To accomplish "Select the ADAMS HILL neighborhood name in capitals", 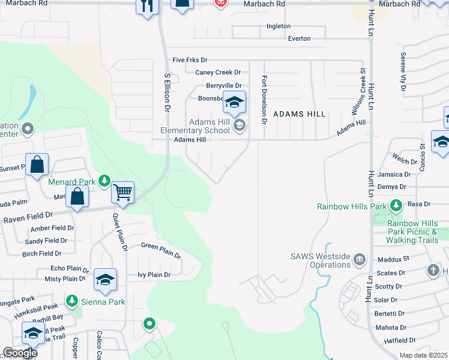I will tap(300, 114).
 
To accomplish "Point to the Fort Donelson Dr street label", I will tap(263, 100).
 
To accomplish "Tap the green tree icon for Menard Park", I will tap(104, 181).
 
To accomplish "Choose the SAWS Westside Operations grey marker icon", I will tap(359, 259).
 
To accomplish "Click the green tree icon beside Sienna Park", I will tap(72, 300).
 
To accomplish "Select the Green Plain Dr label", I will tap(160, 250).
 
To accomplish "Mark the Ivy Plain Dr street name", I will tap(154, 275).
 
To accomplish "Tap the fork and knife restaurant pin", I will tap(147, 6).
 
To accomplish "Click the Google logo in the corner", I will tap(20, 352).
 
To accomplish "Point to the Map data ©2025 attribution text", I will tap(424, 355).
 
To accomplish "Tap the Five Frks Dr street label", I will tap(190, 60).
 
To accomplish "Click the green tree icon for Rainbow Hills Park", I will tap(396, 206).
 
